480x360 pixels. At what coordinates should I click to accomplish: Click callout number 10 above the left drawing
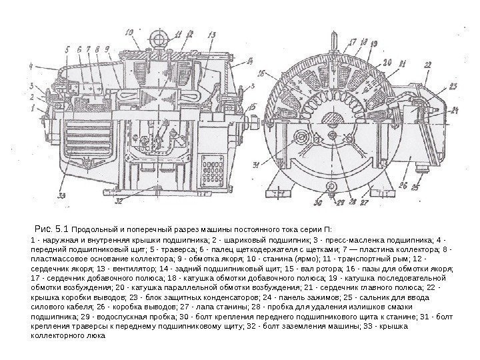pyautogui.click(x=129, y=30)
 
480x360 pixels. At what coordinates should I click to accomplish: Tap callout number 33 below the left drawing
pyautogui.click(x=62, y=195)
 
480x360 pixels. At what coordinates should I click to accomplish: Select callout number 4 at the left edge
pyautogui.click(x=31, y=65)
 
